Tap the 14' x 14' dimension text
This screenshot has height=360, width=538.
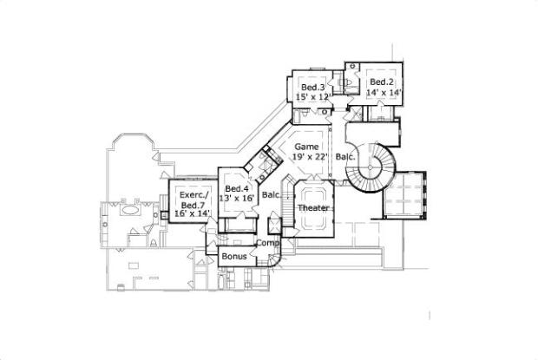click(382, 92)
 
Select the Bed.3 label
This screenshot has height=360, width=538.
click(313, 88)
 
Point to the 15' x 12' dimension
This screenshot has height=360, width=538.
click(313, 97)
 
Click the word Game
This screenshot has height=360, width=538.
click(305, 147)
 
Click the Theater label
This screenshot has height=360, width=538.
click(313, 209)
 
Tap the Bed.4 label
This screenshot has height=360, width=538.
click(237, 188)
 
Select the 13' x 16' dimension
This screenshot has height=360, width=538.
click(237, 199)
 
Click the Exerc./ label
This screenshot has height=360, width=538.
click(192, 194)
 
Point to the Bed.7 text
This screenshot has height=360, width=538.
click(193, 204)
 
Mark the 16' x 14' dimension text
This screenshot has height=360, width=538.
click(193, 213)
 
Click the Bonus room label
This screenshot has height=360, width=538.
click(233, 258)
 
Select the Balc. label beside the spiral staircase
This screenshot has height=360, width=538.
click(345, 157)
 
